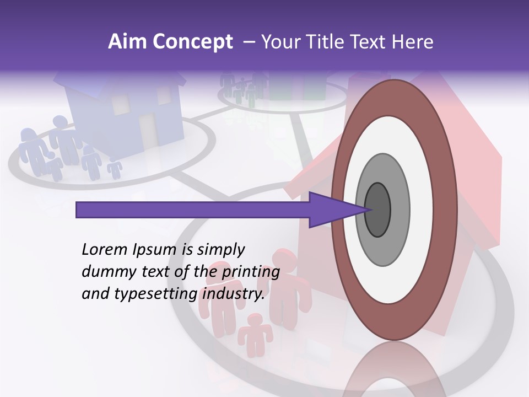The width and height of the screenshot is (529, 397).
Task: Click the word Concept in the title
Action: pos(193,42)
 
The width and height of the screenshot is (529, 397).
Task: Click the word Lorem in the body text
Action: pos(103,249)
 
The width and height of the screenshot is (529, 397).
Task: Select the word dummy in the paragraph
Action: pos(105,272)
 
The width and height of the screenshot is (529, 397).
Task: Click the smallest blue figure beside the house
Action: pos(115,168)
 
